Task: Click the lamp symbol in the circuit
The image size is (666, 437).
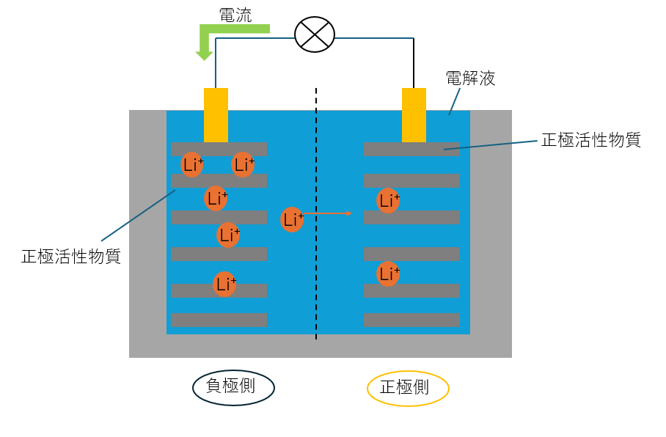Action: point(314,34)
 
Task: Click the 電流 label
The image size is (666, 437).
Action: point(235,14)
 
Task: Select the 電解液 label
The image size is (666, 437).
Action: point(470,78)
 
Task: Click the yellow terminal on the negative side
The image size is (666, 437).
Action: point(216,114)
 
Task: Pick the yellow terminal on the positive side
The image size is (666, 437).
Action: point(414,114)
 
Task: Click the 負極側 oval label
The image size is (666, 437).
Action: point(233,387)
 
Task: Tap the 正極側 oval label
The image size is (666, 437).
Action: point(407,388)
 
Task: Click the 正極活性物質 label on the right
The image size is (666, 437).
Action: point(590,140)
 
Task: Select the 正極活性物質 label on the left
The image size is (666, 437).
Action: point(71,257)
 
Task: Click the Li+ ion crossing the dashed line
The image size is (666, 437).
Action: point(292,219)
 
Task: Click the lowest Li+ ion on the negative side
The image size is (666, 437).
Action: point(224,284)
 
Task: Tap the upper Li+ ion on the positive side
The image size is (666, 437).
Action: point(388,200)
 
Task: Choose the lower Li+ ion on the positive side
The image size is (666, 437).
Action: point(388,274)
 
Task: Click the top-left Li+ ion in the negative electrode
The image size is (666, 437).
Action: point(193,165)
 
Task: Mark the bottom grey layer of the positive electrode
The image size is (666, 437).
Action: point(411,320)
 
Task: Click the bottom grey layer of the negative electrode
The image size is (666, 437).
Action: point(219,320)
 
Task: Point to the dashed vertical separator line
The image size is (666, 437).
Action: point(316,293)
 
